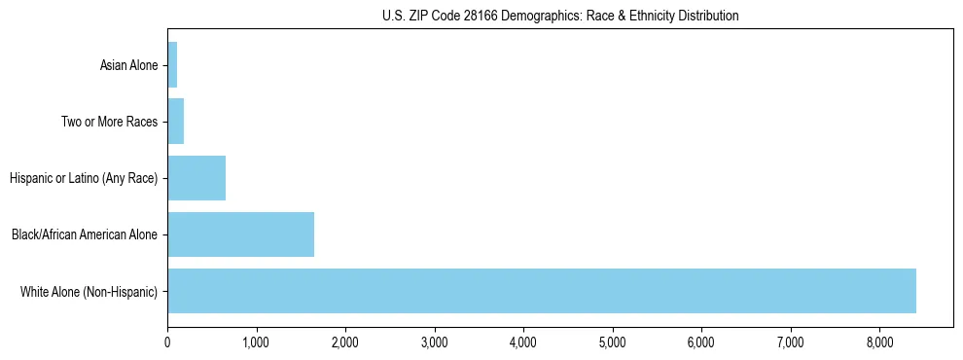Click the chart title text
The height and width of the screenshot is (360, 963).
[560, 17]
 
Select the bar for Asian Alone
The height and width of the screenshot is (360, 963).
[172, 65]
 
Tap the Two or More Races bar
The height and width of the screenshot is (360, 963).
[176, 122]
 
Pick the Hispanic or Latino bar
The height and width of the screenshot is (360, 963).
[196, 178]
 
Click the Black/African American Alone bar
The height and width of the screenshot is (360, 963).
[240, 234]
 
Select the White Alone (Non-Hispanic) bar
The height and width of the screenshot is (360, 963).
[541, 291]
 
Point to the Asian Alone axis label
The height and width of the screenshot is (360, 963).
[128, 66]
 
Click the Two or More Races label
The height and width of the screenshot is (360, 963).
[109, 123]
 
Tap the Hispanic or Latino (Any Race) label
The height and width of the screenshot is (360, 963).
[84, 179]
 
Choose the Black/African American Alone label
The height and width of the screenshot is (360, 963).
[85, 235]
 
